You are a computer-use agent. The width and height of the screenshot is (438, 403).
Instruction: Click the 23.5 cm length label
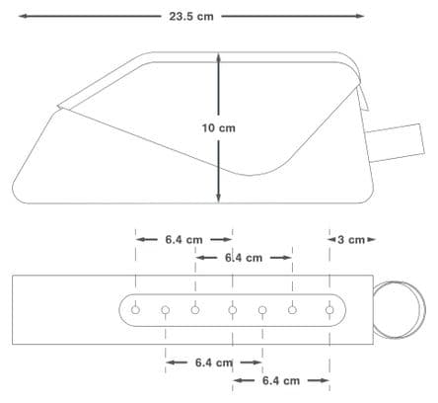[191, 17]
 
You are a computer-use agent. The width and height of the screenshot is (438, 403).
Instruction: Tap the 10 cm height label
[219, 128]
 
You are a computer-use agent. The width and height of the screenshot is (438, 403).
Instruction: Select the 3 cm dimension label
[351, 240]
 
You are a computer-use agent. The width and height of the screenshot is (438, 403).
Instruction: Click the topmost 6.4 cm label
[183, 240]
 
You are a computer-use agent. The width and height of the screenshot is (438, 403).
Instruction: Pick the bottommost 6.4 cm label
[281, 381]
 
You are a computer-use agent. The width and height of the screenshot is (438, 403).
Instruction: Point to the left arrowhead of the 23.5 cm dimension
[22, 16]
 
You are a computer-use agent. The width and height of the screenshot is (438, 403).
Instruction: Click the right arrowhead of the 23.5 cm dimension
[360, 16]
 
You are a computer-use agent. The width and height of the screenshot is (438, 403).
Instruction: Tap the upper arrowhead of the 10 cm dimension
[219, 57]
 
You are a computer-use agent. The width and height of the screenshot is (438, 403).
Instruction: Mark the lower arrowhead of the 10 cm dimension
[219, 198]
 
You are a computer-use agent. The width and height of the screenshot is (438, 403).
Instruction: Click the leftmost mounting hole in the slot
[135, 310]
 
